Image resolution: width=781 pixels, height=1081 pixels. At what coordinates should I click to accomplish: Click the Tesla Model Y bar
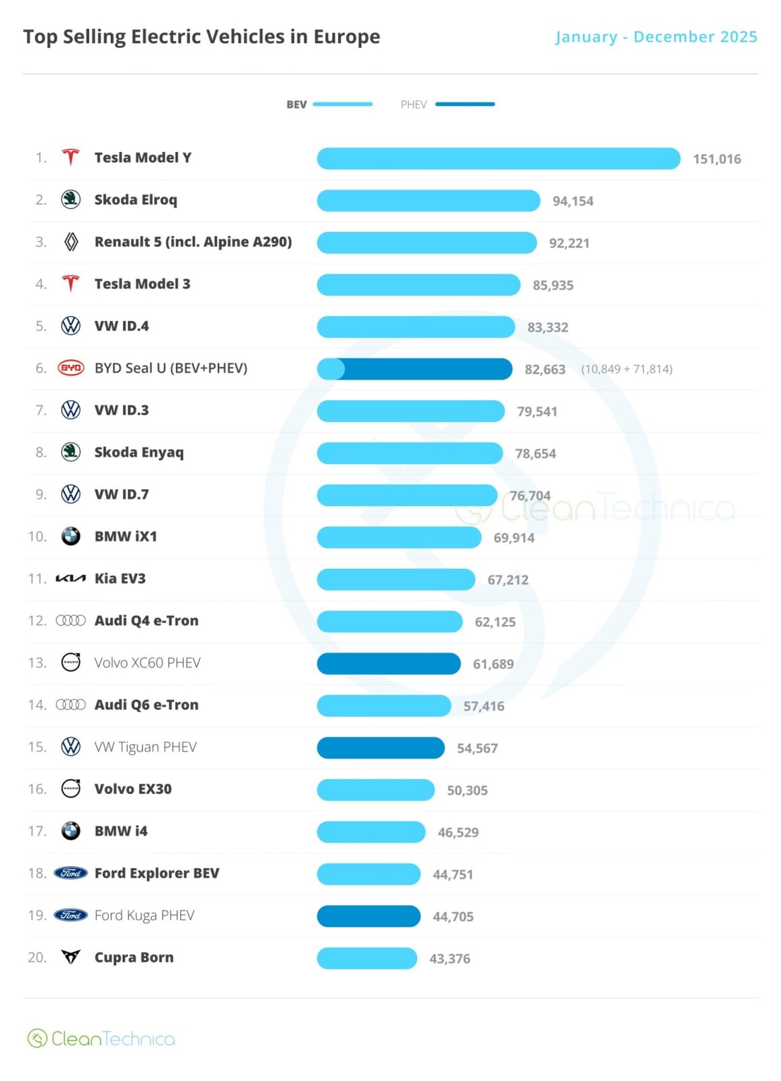point(498,158)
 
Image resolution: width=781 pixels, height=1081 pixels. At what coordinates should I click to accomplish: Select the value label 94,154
point(573,201)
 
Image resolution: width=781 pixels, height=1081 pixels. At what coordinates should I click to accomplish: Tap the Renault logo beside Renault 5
point(71,242)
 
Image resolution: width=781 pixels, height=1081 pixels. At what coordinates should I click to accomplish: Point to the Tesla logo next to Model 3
point(70,283)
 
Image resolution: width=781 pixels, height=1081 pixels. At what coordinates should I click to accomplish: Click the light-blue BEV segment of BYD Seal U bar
point(331,369)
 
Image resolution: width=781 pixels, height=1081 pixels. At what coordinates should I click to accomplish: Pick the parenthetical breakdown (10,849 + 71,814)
point(626,369)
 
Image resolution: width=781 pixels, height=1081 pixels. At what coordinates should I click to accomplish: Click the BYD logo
point(71,368)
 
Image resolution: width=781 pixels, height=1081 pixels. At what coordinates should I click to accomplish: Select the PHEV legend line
point(465,104)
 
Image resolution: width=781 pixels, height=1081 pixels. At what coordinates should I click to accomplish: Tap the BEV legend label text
point(296,104)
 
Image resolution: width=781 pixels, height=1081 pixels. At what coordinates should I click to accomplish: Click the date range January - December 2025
point(656,36)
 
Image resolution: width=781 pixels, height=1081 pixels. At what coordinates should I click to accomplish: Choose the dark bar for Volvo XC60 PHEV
point(389,663)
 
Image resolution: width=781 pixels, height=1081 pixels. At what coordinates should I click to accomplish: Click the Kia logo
point(70,578)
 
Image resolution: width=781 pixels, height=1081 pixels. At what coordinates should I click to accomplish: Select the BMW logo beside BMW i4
point(70,830)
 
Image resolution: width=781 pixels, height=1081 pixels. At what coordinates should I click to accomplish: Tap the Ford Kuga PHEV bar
point(369,916)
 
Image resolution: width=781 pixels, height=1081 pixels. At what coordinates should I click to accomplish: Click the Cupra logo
point(70,957)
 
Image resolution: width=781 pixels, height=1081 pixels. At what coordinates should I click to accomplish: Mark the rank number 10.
point(37,536)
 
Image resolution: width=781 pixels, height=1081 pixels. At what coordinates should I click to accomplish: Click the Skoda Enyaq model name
point(139,452)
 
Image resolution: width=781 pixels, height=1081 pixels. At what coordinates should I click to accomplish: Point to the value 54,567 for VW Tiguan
point(477,748)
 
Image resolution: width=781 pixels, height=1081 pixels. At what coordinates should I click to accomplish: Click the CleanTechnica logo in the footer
point(101,1038)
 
